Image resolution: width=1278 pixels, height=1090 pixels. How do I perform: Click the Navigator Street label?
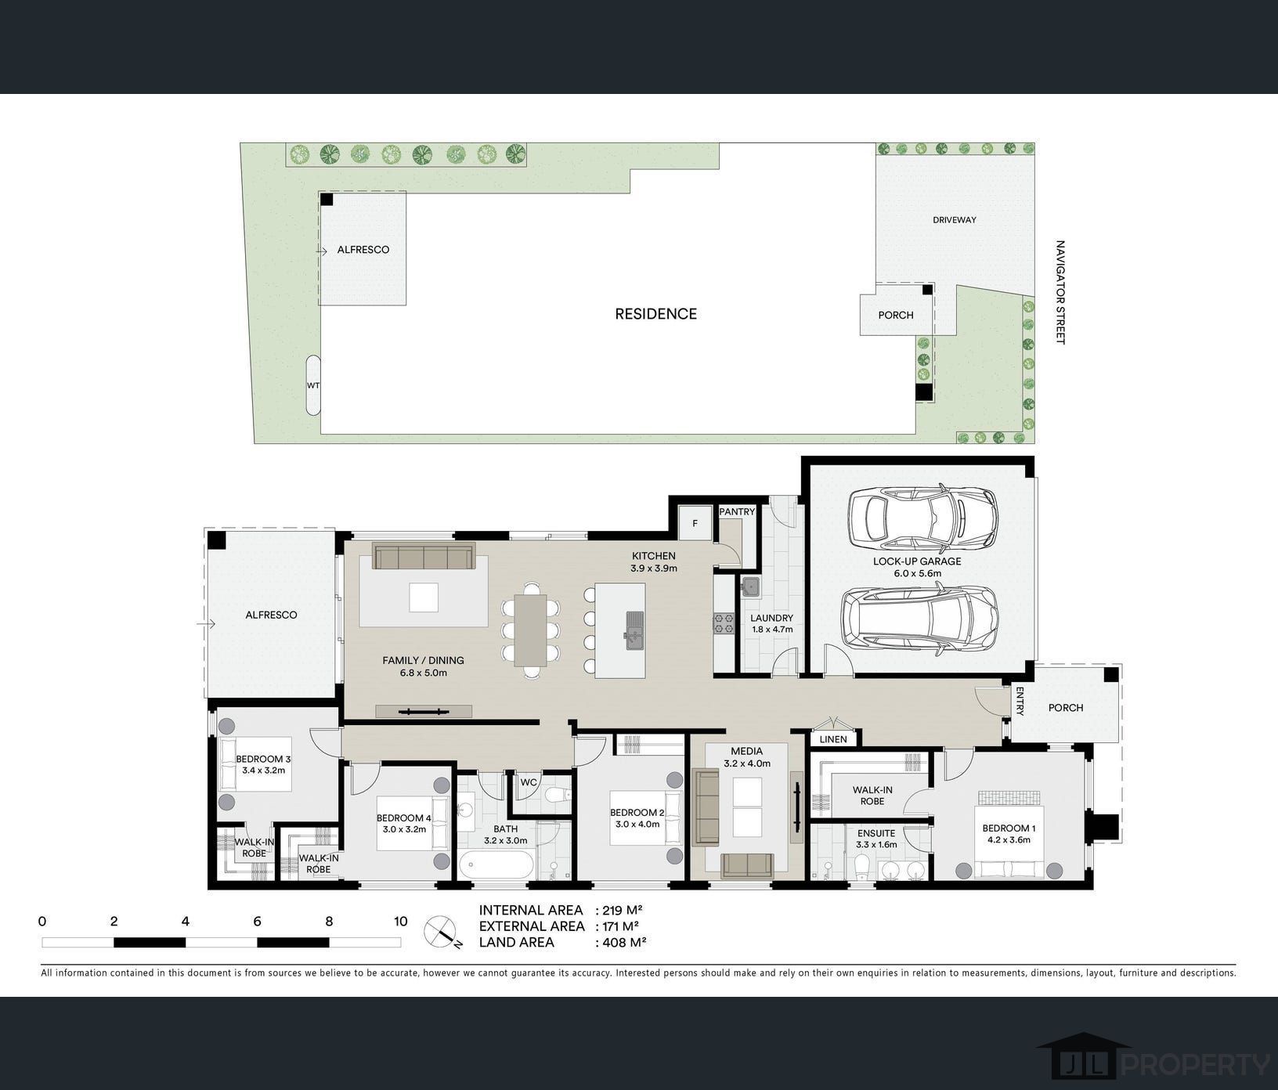coord(1060,292)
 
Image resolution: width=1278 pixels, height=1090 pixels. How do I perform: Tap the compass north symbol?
coord(441,932)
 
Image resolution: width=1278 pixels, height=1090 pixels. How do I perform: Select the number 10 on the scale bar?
coord(400,922)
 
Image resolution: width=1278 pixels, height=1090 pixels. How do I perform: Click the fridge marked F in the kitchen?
coord(695,523)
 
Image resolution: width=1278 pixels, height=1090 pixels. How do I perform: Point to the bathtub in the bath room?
coord(497,868)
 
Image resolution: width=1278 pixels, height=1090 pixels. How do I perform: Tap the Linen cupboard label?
coord(833,739)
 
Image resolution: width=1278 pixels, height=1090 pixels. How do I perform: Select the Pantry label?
coord(737,512)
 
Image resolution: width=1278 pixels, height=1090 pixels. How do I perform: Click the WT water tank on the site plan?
coord(313,385)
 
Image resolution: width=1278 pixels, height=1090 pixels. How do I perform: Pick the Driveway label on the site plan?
coord(955,220)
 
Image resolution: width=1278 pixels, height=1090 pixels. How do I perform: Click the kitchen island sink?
coord(634,629)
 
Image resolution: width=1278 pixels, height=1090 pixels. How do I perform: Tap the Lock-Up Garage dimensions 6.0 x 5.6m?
coord(918,573)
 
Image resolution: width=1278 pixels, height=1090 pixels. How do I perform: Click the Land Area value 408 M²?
coord(621,942)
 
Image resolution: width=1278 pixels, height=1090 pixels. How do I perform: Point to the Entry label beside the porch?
coord(1020,702)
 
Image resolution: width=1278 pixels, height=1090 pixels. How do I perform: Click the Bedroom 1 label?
coord(1009,828)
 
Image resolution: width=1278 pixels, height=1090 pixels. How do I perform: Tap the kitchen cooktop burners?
coord(723,623)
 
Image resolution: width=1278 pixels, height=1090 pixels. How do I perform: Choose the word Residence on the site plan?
coord(655,314)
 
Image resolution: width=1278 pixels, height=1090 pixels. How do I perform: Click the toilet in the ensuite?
coord(861,868)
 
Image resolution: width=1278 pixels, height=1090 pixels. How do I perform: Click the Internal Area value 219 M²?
coord(619,910)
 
